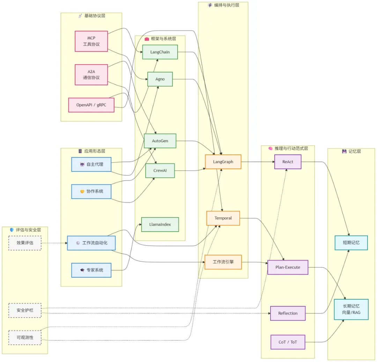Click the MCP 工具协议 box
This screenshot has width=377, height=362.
pyautogui.click(x=91, y=41)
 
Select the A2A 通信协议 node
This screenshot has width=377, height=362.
pyautogui.click(x=91, y=75)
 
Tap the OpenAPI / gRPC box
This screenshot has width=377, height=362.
pyautogui.click(x=91, y=105)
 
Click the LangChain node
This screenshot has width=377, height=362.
pyautogui.click(x=160, y=52)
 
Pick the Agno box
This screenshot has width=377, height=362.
pyautogui.click(x=160, y=79)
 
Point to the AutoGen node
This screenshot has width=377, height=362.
pyautogui.click(x=160, y=141)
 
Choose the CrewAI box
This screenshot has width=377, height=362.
pyautogui.click(x=160, y=170)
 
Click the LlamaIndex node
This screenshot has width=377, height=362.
pyautogui.click(x=160, y=224)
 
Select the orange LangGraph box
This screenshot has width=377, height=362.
pyautogui.click(x=223, y=162)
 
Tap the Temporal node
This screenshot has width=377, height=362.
pyautogui.click(x=223, y=218)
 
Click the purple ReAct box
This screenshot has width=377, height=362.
pyautogui.click(x=288, y=162)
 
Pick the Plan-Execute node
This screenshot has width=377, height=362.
pyautogui.click(x=288, y=268)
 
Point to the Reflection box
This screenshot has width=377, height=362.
pyautogui.click(x=288, y=313)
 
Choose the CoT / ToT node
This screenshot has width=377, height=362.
pyautogui.click(x=288, y=342)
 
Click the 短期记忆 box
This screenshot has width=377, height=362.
pyautogui.click(x=351, y=243)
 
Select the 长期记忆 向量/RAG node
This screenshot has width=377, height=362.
pyautogui.click(x=351, y=309)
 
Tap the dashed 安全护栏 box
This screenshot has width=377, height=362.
pyautogui.click(x=25, y=310)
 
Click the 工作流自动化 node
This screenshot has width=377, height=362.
pyautogui.click(x=91, y=243)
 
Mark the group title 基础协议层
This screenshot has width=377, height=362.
pyautogui.click(x=95, y=16)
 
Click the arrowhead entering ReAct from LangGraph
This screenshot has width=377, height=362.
pyautogui.click(x=273, y=162)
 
